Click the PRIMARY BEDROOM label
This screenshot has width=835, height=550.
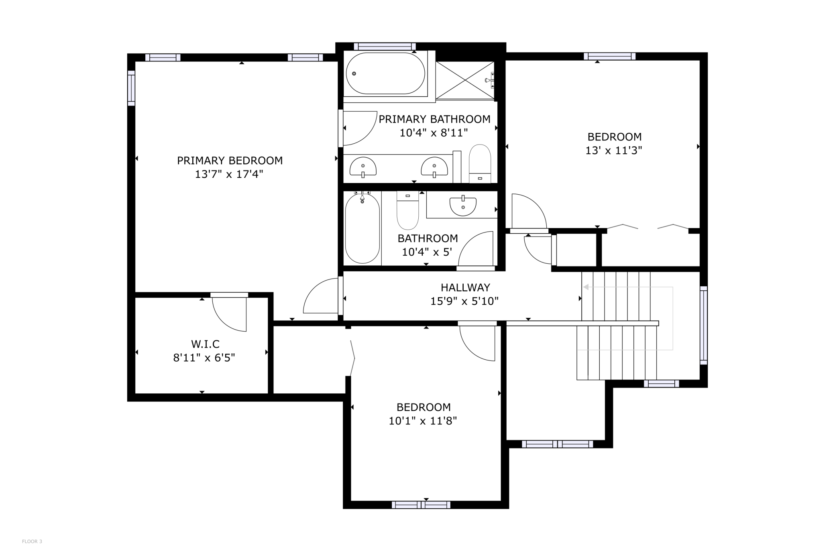[230, 161]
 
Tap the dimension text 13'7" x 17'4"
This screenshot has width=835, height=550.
[229, 174]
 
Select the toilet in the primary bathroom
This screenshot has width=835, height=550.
[480, 163]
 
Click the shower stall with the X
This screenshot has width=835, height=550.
[465, 80]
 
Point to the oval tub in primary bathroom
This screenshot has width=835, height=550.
[385, 73]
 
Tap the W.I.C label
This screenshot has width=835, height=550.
[205, 344]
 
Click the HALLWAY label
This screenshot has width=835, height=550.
[465, 287]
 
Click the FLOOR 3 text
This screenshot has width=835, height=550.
[32, 542]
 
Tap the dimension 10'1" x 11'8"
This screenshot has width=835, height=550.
[423, 421]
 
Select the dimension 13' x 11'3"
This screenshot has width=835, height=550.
[614, 151]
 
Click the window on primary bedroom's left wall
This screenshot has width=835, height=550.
[131, 88]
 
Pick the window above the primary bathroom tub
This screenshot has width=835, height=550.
[385, 46]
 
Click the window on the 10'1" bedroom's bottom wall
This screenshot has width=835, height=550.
[421, 505]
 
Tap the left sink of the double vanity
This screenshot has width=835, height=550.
[363, 167]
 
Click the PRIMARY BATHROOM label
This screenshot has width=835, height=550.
[434, 119]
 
